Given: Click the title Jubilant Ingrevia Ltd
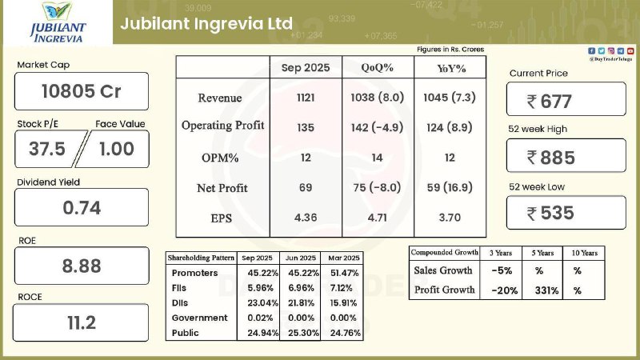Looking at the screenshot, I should pos(206,22).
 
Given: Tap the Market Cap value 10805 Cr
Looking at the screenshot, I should pos(82,91).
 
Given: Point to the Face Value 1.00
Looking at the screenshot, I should pos(117,148).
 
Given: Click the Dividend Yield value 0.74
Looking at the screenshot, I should pos(82,208).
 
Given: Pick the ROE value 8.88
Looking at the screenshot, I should pos(82,266).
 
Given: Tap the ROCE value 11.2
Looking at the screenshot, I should pos(82,322).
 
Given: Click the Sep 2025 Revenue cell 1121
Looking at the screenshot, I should pos(306,98).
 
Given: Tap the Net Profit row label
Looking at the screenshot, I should pos(222,188).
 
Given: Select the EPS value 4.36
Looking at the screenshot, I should pos(306,218).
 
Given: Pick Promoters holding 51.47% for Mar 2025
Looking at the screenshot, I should pos(344,274).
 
